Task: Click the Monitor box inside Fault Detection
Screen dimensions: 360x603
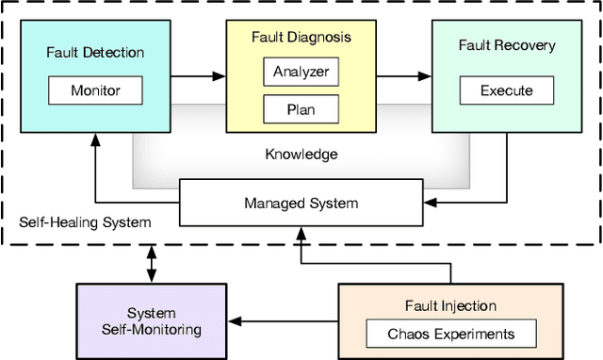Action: pyautogui.click(x=95, y=91)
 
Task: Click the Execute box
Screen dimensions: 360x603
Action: pyautogui.click(x=506, y=91)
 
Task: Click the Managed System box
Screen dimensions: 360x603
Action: pyautogui.click(x=301, y=204)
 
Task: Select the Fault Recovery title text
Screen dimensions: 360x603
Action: pyautogui.click(x=506, y=45)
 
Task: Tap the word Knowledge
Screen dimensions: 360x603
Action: pyautogui.click(x=301, y=154)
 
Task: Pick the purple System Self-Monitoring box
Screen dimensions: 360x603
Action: pyautogui.click(x=152, y=320)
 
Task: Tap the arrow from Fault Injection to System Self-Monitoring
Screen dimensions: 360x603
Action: pyautogui.click(x=283, y=321)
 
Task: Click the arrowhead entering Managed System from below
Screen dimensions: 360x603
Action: pyautogui.click(x=301, y=229)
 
